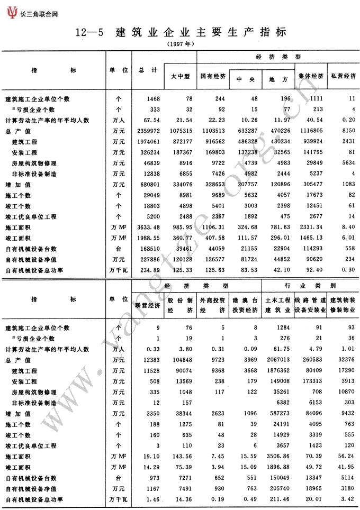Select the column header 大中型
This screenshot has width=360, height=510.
coord(180,77)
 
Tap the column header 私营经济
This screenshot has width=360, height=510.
coord(343,77)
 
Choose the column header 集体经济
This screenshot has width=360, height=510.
coord(311,77)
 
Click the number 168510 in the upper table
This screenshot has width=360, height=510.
coord(148,249)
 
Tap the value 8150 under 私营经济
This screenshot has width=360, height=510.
coord(346,131)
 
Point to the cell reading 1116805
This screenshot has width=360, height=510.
coord(309,131)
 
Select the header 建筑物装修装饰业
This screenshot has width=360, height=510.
coord(343,304)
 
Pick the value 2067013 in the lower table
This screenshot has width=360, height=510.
coord(276,360)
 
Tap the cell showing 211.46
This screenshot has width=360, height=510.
coord(278,499)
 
